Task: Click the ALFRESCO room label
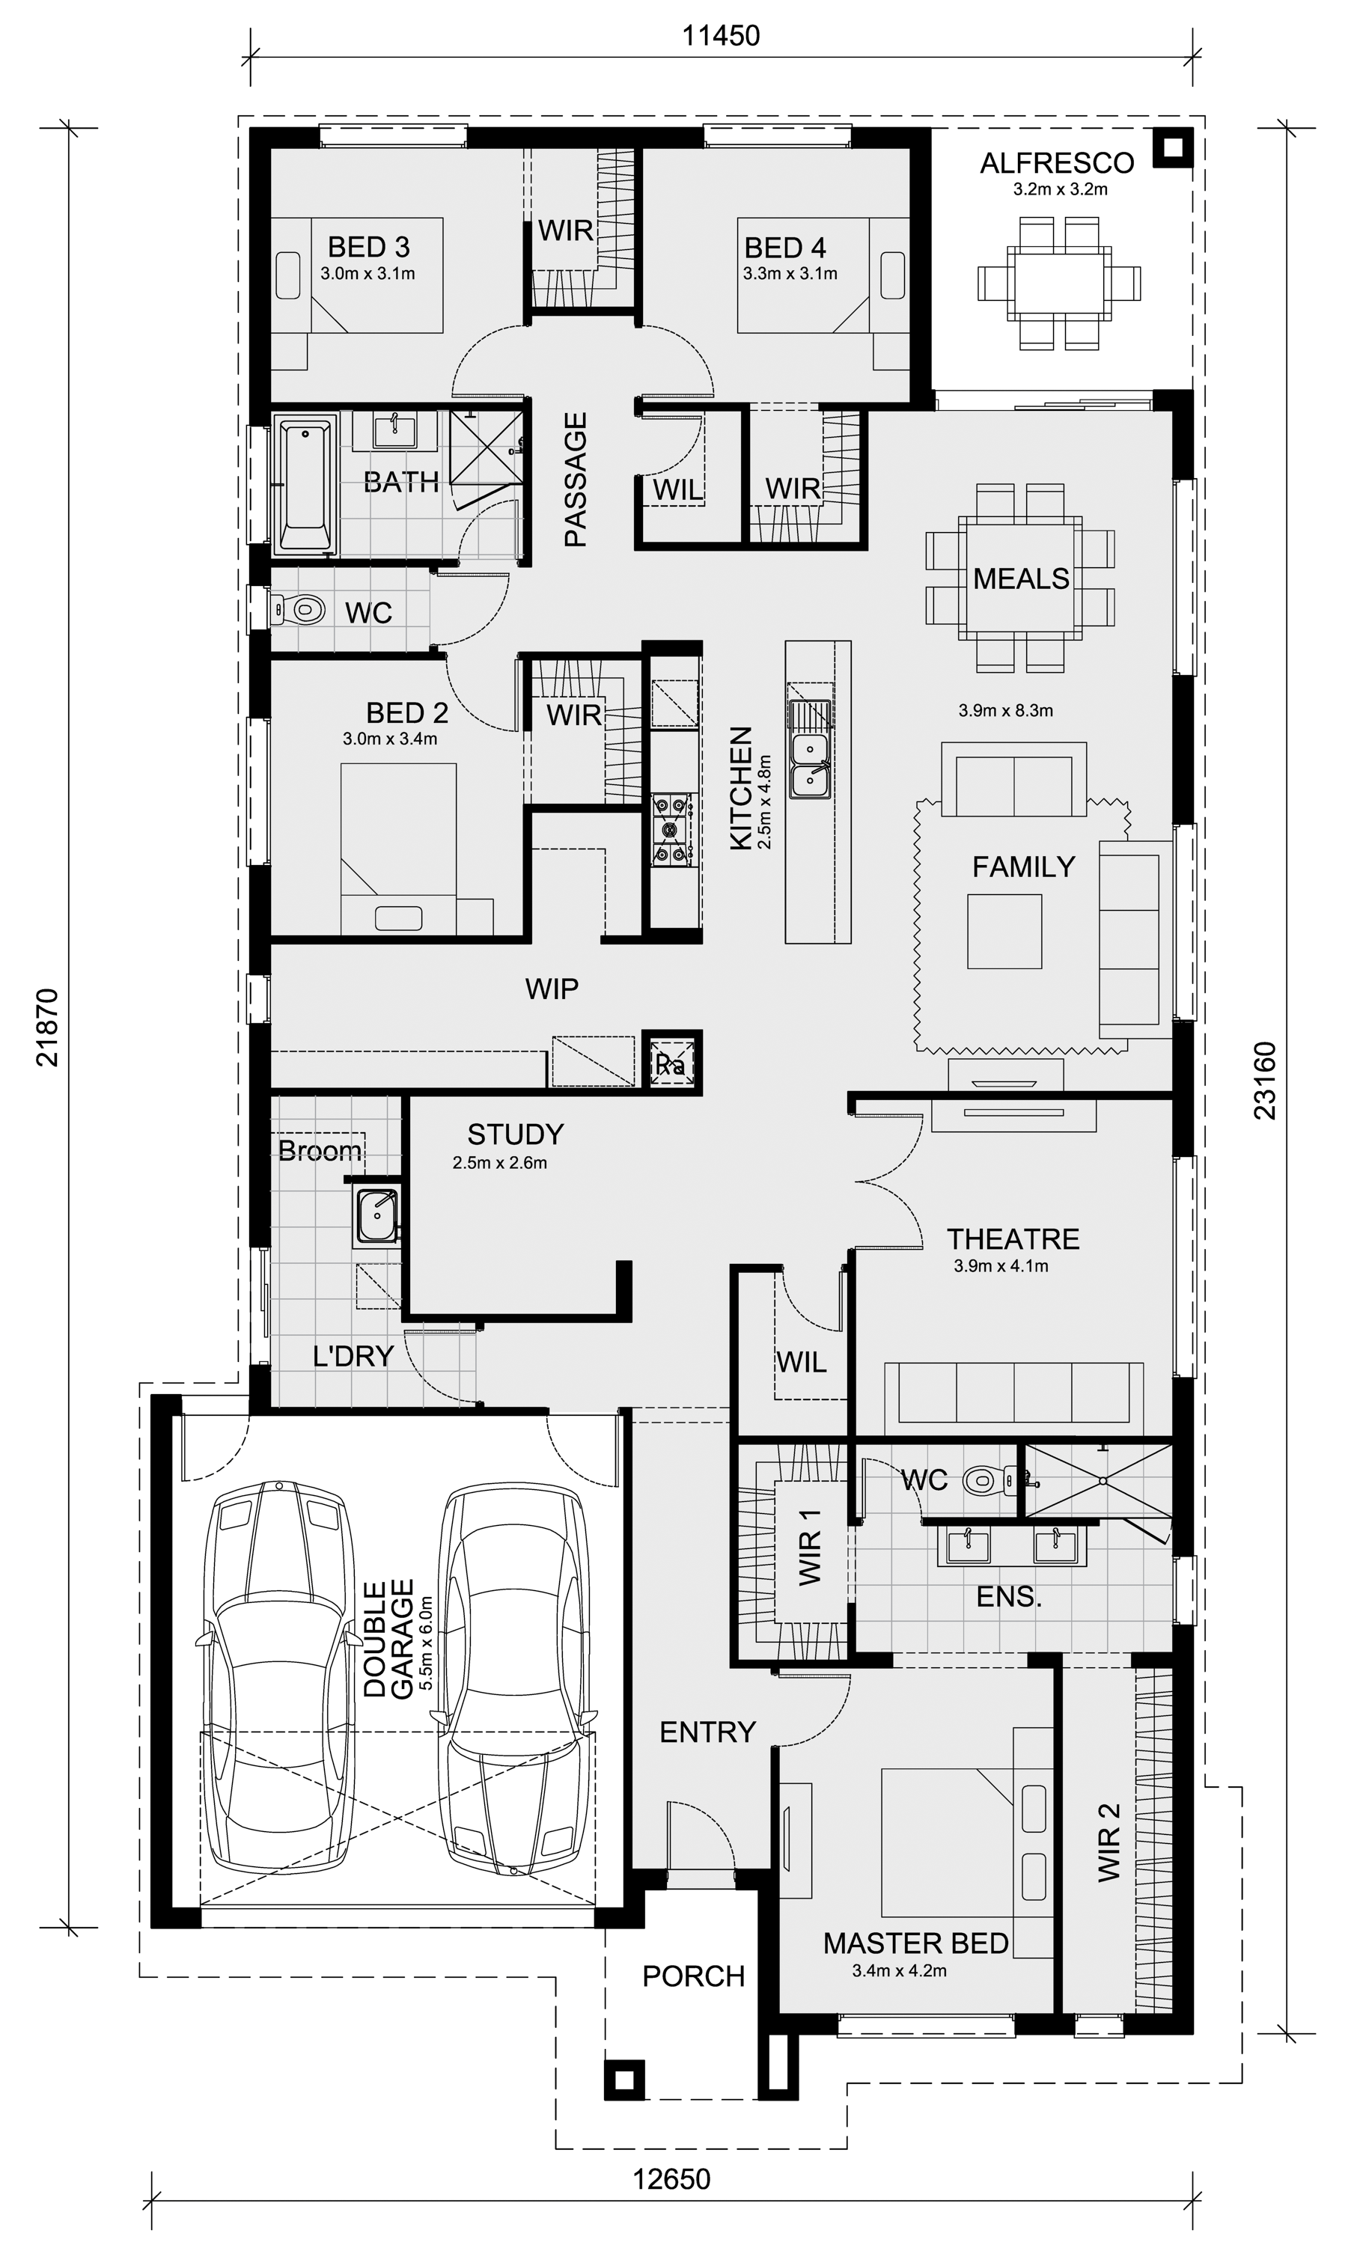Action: pos(1056,163)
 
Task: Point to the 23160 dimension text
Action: pos(1265,1080)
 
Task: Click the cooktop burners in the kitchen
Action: pos(672,829)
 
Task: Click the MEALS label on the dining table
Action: pos(1021,578)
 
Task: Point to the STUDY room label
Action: pos(515,1134)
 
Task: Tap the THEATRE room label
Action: pos(1013,1239)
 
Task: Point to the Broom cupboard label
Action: pos(320,1152)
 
